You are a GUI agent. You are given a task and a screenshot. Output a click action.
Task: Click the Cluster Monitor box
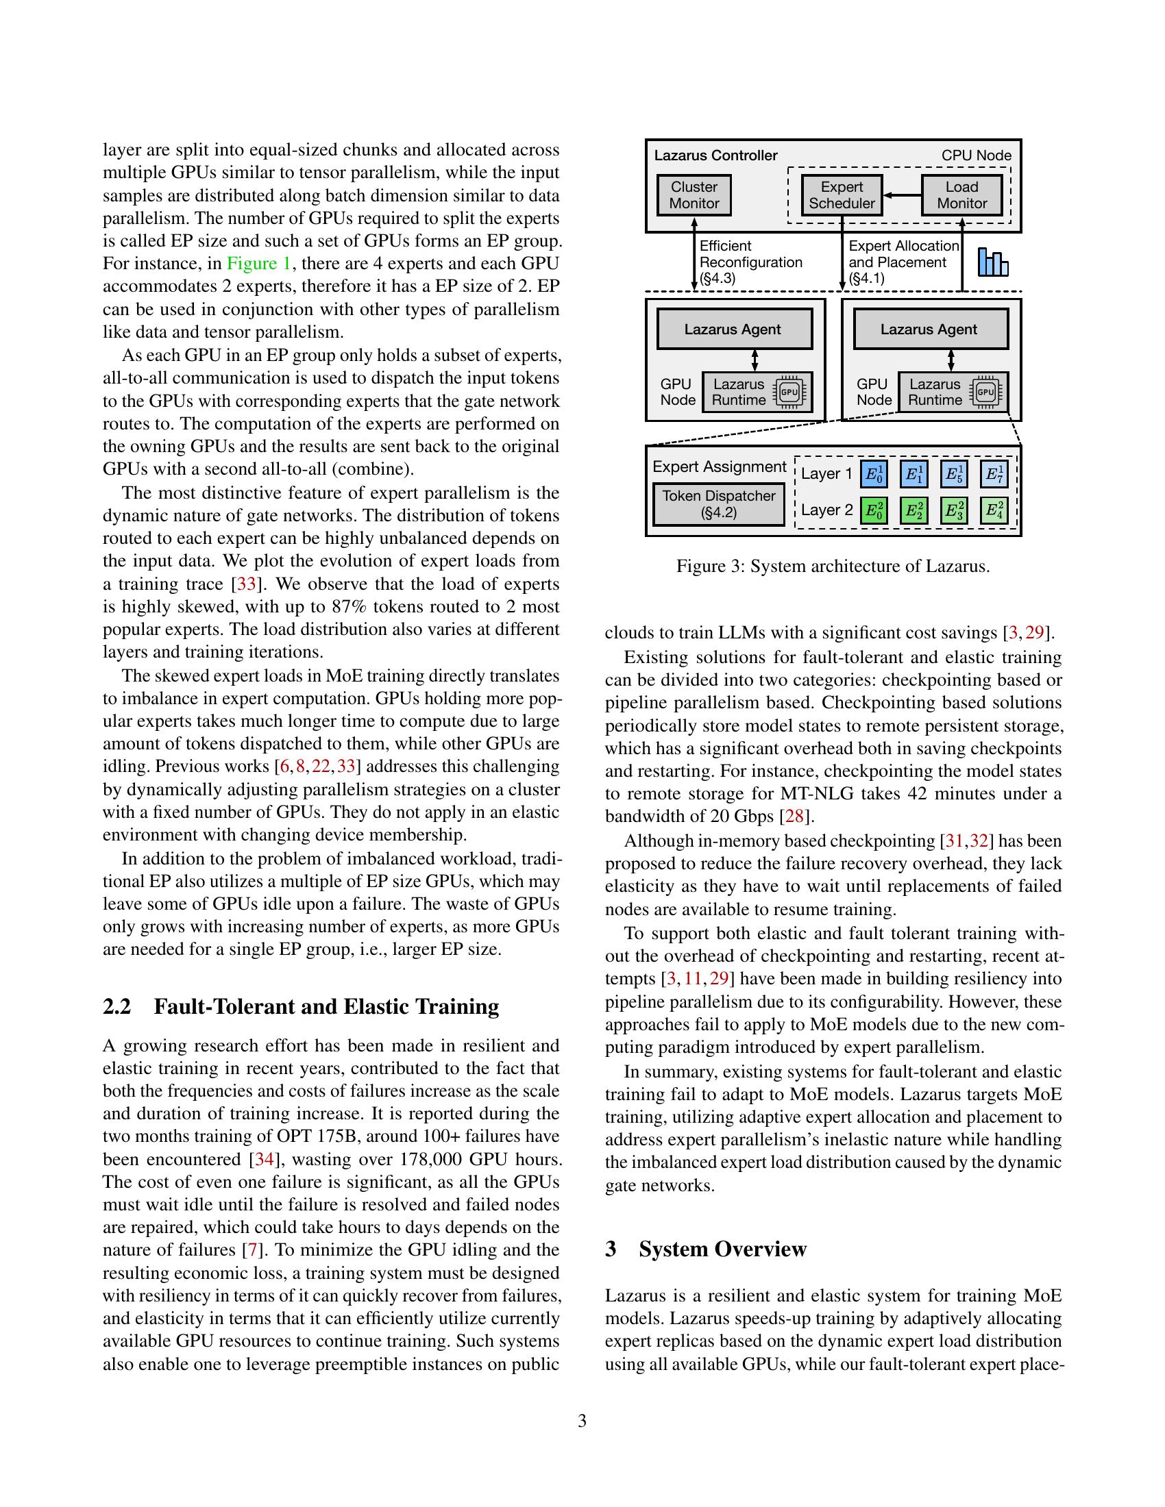point(694,195)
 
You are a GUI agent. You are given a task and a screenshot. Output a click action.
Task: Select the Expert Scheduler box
point(842,195)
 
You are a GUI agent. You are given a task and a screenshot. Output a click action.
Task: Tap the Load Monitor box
point(961,195)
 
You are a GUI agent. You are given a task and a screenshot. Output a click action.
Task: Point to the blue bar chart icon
point(992,263)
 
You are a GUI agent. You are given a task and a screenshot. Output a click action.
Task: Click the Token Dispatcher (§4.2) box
point(718,504)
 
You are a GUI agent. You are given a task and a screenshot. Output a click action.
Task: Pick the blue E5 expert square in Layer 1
point(953,474)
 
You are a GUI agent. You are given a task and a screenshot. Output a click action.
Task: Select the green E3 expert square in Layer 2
point(953,510)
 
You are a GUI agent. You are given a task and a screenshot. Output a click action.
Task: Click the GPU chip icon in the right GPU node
point(985,393)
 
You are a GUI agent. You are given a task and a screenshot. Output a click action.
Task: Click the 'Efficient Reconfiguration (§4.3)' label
point(750,262)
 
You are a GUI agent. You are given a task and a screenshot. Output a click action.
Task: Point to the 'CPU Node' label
point(976,156)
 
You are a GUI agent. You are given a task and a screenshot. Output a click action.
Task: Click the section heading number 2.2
point(116,1007)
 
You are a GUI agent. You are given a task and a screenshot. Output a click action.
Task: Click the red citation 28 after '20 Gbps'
point(794,817)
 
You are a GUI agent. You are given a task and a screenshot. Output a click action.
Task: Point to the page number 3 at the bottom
point(582,1421)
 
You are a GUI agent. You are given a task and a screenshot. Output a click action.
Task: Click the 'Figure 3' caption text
point(833,566)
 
